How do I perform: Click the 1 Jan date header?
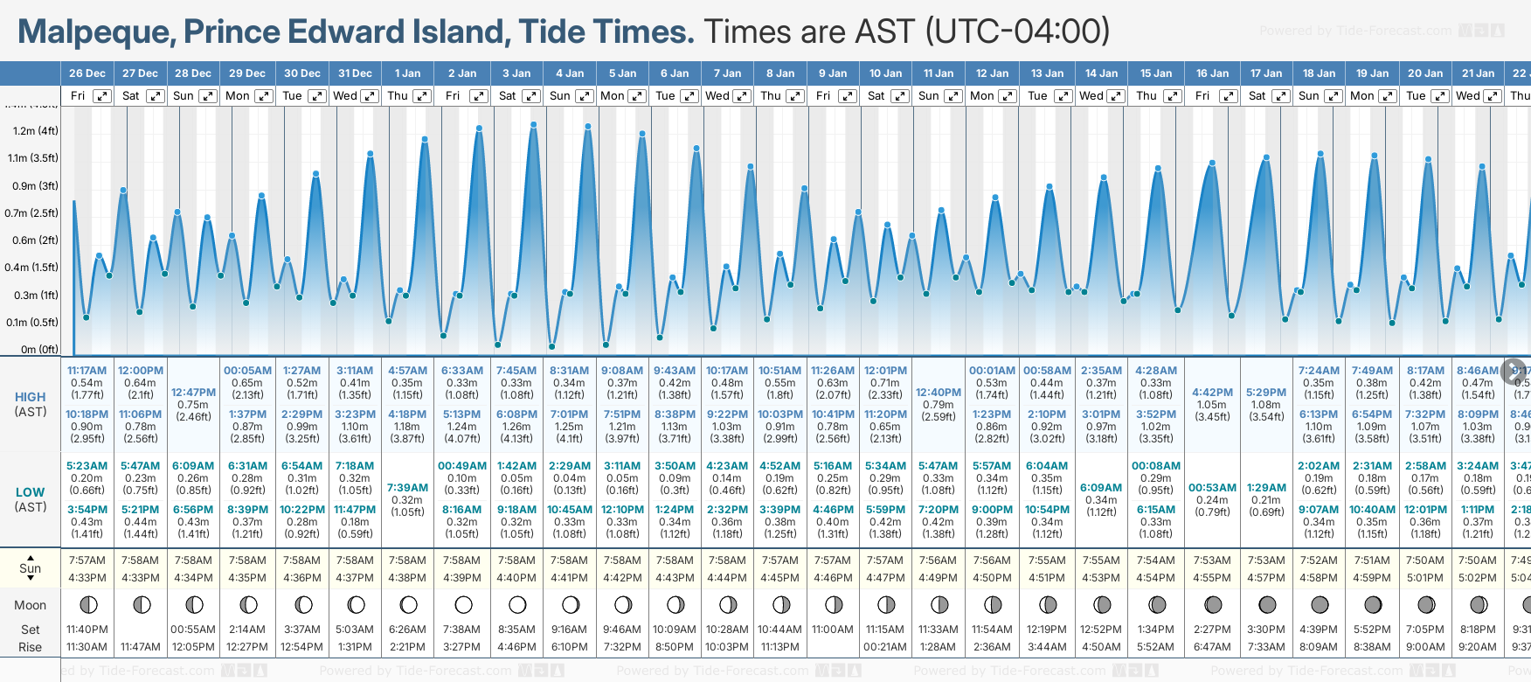tap(407, 73)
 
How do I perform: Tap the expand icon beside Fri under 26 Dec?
tap(102, 96)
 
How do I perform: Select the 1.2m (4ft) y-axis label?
tap(36, 131)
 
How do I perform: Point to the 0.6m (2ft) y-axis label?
tap(36, 240)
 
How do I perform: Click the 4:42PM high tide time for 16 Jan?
tap(1212, 393)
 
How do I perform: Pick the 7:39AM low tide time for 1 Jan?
tap(407, 488)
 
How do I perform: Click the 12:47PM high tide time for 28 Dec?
tap(193, 393)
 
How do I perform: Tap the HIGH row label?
tap(31, 397)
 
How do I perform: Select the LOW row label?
tap(31, 492)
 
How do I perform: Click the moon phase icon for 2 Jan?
tap(463, 605)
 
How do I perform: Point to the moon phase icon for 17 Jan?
tap(1266, 605)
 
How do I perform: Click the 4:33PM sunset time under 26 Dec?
tap(87, 578)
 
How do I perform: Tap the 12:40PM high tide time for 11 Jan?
tap(939, 393)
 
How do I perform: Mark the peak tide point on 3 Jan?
tap(533, 125)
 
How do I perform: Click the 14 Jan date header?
tap(1102, 73)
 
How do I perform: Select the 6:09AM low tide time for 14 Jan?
tap(1101, 488)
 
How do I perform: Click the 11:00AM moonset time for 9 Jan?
tap(833, 630)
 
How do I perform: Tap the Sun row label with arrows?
tap(31, 568)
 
